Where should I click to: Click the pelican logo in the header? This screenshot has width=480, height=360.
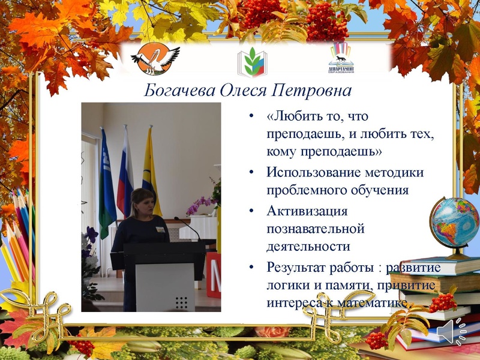[x=155, y=58]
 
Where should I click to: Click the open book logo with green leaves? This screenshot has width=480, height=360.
[x=251, y=61]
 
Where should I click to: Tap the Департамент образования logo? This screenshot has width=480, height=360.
[x=341, y=58]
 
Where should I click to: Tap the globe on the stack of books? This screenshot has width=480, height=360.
[x=454, y=224]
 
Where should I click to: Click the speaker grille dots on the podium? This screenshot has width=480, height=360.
[x=182, y=301]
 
